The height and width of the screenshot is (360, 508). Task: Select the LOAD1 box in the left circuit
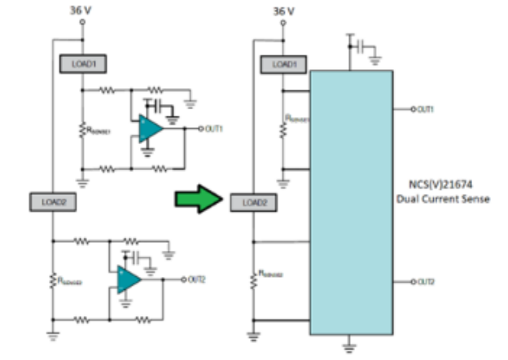click(82, 62)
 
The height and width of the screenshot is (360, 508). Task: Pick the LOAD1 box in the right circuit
click(283, 64)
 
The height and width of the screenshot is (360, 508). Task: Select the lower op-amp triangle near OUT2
click(128, 279)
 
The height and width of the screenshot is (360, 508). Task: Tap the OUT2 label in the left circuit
click(195, 279)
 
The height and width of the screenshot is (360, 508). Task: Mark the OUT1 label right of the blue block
click(424, 109)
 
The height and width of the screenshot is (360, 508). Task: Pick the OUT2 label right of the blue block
click(424, 282)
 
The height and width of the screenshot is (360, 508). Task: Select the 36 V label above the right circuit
click(283, 11)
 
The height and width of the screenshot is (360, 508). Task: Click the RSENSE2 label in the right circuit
click(271, 274)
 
